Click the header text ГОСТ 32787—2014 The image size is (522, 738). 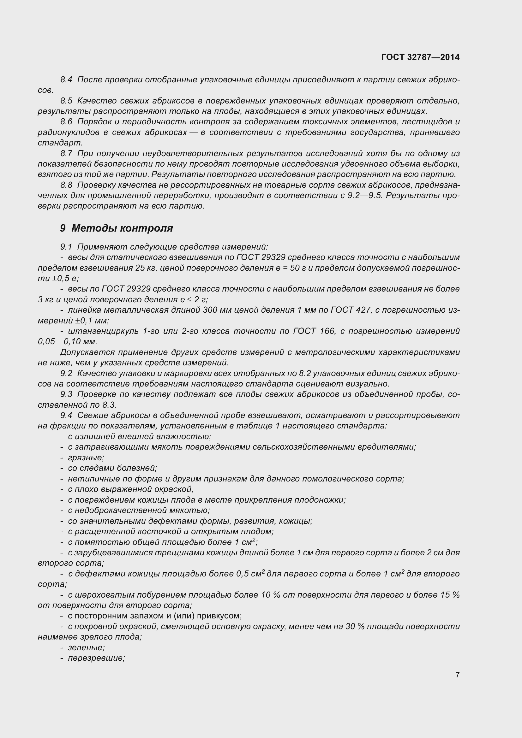pos(420,57)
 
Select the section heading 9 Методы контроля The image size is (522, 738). pos(117,228)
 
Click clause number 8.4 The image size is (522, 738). pos(66,80)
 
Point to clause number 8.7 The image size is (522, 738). pos(66,154)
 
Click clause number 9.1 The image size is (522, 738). pos(66,247)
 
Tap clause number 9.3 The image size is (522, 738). pos(66,394)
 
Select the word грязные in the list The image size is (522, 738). pos(86,458)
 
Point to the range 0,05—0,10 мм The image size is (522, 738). pos(67,342)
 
